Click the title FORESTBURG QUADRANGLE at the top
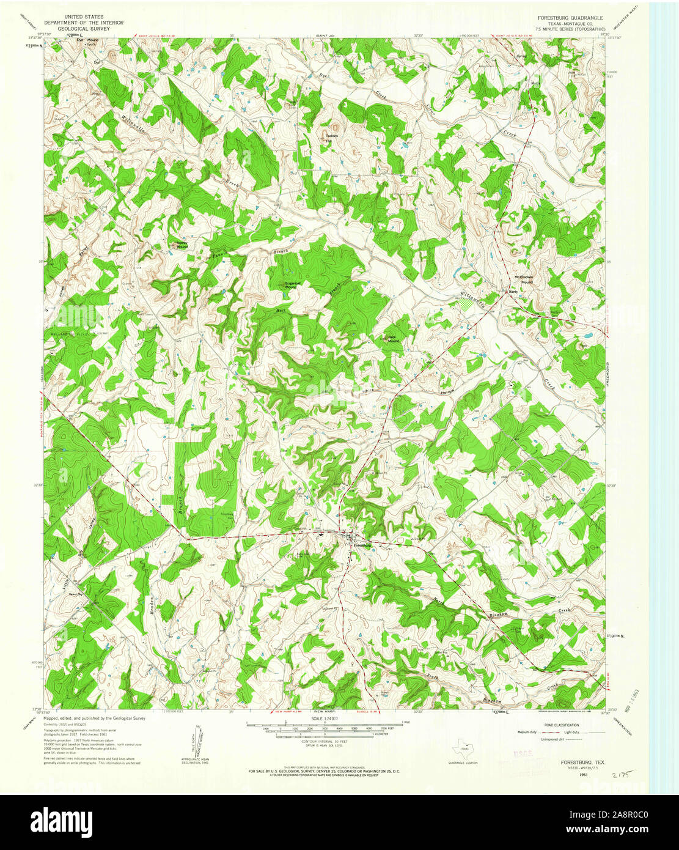570,18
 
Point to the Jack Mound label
392,339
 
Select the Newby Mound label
182,245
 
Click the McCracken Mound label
524,278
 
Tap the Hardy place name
513,291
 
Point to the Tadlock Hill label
332,138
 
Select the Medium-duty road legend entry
527,731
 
